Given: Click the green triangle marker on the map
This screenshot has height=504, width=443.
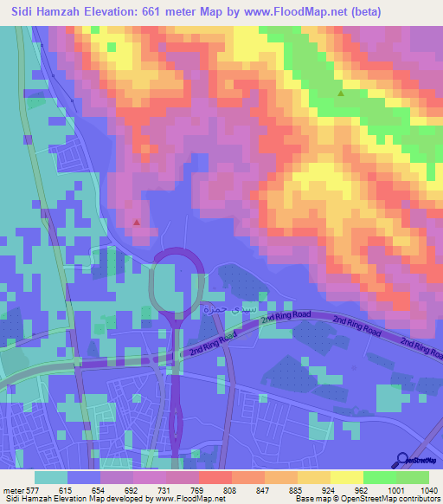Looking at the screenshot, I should tap(341, 94).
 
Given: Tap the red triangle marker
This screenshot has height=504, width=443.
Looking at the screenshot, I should tap(137, 222).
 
